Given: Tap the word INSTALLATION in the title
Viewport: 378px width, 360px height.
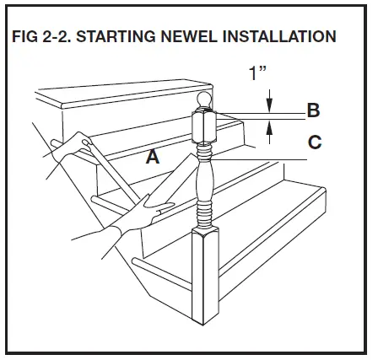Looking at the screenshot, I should click(277, 37).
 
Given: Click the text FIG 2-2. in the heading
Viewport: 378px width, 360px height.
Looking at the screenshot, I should click(43, 37).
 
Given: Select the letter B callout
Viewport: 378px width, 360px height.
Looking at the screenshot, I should click(312, 110).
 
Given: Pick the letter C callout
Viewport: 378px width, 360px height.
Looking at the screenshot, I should click(314, 142).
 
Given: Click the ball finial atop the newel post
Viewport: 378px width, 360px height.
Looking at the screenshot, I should click(205, 104).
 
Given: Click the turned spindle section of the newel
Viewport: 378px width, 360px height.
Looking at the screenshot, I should click(205, 181).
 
